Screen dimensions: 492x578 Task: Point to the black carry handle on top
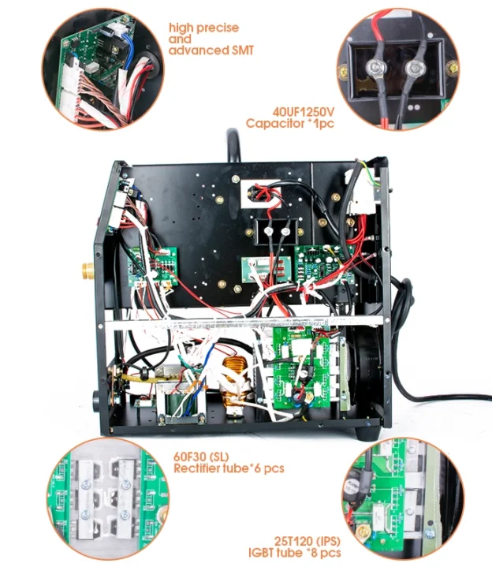[233, 146]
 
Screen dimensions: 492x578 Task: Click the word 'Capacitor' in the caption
[274, 124]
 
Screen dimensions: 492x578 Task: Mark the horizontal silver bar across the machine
[244, 320]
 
